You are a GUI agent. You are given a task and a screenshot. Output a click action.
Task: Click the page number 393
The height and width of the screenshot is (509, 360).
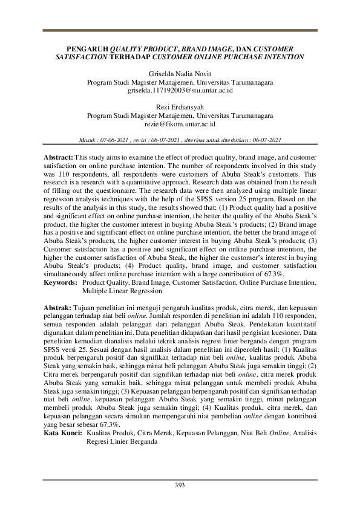click(x=180, y=485)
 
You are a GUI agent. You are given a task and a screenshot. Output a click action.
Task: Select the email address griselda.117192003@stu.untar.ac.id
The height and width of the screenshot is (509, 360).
click(x=180, y=90)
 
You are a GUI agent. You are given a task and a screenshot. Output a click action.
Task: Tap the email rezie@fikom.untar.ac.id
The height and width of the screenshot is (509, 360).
click(x=180, y=123)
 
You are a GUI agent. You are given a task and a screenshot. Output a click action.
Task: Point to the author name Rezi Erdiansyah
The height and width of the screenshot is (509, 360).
click(x=180, y=107)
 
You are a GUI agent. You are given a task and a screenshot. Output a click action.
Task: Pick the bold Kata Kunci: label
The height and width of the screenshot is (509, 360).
click(x=64, y=433)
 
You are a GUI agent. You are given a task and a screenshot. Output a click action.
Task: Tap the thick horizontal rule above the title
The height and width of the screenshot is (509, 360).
click(x=180, y=31)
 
